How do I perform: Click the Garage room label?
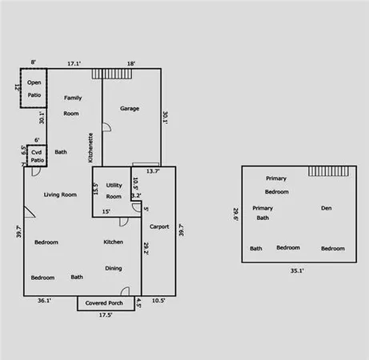point(130,108)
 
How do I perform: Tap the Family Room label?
point(73,106)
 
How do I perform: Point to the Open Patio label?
point(34,88)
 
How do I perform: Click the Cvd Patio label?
point(37,155)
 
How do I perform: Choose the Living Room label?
point(60,194)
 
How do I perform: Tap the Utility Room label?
point(114,190)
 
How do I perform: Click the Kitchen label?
point(113,242)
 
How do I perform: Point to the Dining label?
point(114,268)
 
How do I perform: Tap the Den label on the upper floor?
point(326,208)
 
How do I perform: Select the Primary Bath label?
point(263,212)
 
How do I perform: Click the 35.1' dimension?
point(296,270)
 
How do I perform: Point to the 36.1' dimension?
point(44,301)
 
